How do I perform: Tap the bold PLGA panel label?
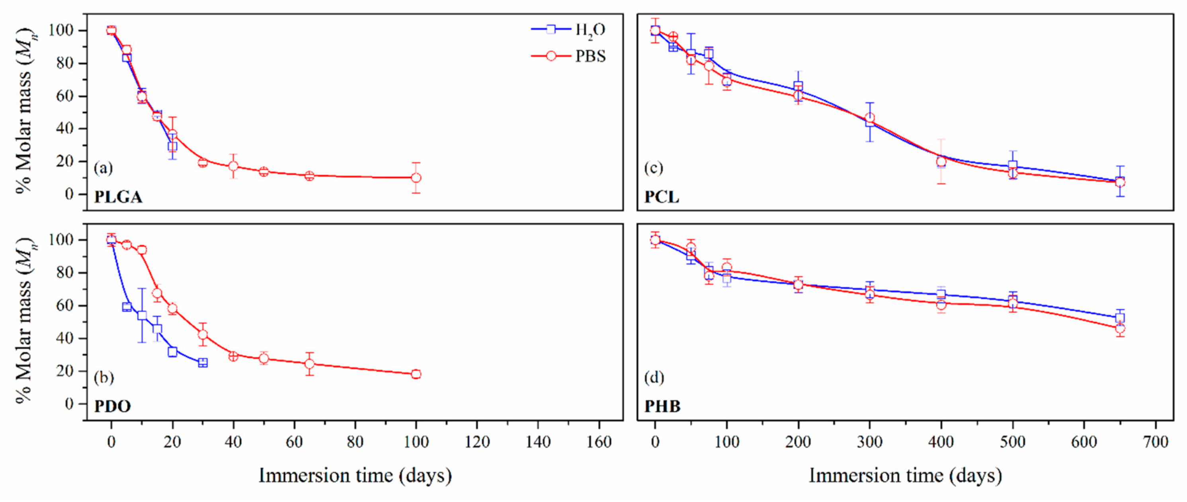pyautogui.click(x=118, y=197)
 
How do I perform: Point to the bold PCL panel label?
pyautogui.click(x=661, y=197)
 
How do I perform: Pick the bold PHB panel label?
pyautogui.click(x=662, y=406)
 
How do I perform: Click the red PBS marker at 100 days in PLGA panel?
pyautogui.click(x=416, y=178)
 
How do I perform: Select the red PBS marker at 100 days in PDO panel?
pyautogui.click(x=416, y=374)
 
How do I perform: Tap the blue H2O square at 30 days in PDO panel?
pyautogui.click(x=203, y=362)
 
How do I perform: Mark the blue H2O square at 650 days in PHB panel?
pyautogui.click(x=1120, y=318)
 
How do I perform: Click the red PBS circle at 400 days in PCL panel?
pyautogui.click(x=941, y=161)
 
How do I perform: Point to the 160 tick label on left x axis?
pyautogui.click(x=599, y=442)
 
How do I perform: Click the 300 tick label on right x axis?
pyautogui.click(x=869, y=442)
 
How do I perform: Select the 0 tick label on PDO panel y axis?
pyautogui.click(x=69, y=404)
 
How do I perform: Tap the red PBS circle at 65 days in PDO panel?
pyautogui.click(x=309, y=364)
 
